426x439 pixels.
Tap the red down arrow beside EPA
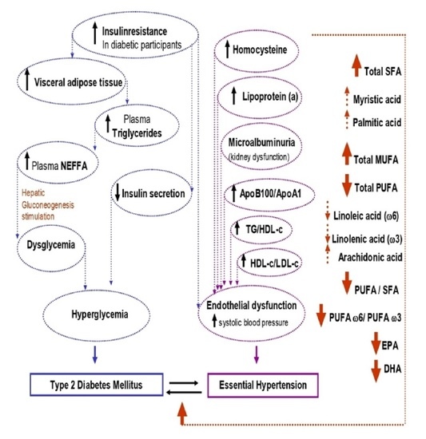(373, 346)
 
